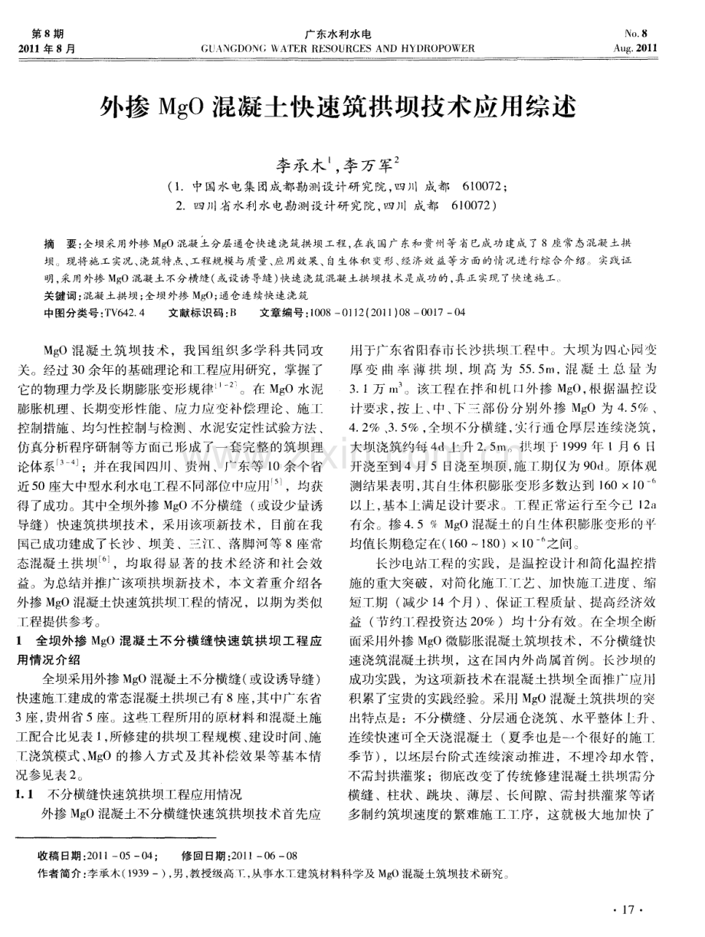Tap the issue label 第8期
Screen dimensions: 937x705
coord(47,34)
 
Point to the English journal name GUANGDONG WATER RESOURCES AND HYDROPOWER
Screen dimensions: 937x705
coord(338,48)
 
